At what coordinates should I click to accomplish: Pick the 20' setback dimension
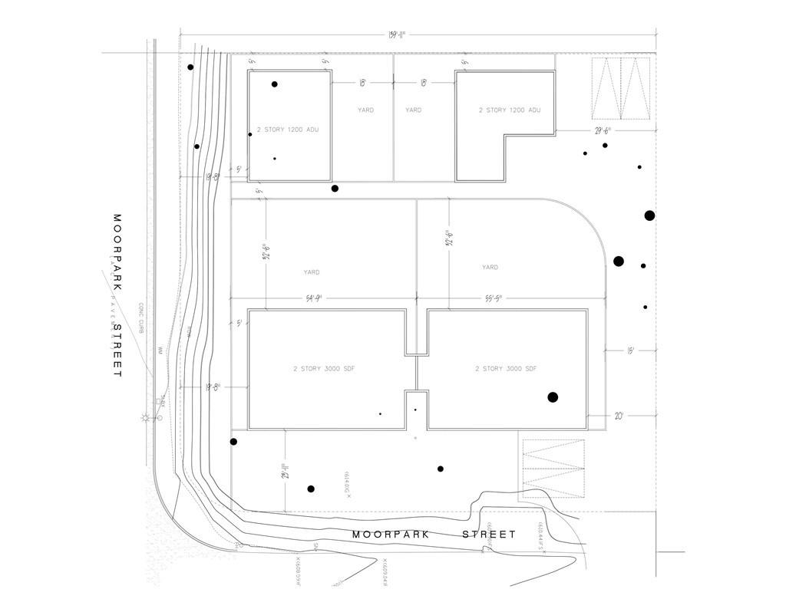(619, 415)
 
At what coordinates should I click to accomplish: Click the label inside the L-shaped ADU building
(510, 110)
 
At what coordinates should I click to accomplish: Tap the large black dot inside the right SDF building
(552, 397)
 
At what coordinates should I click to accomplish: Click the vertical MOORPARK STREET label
(117, 295)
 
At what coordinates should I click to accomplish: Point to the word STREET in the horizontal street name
(489, 535)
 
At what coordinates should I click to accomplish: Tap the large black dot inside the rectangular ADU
(275, 84)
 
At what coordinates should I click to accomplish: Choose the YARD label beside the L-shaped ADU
(414, 110)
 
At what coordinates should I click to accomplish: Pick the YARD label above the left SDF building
(311, 272)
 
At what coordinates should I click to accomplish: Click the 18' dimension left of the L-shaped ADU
(424, 83)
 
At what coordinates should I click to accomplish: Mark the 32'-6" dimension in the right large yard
(447, 245)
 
